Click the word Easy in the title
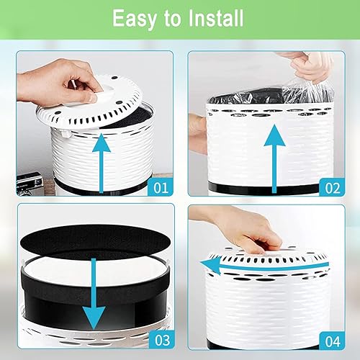tap(134, 18)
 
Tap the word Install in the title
tap(213, 18)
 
